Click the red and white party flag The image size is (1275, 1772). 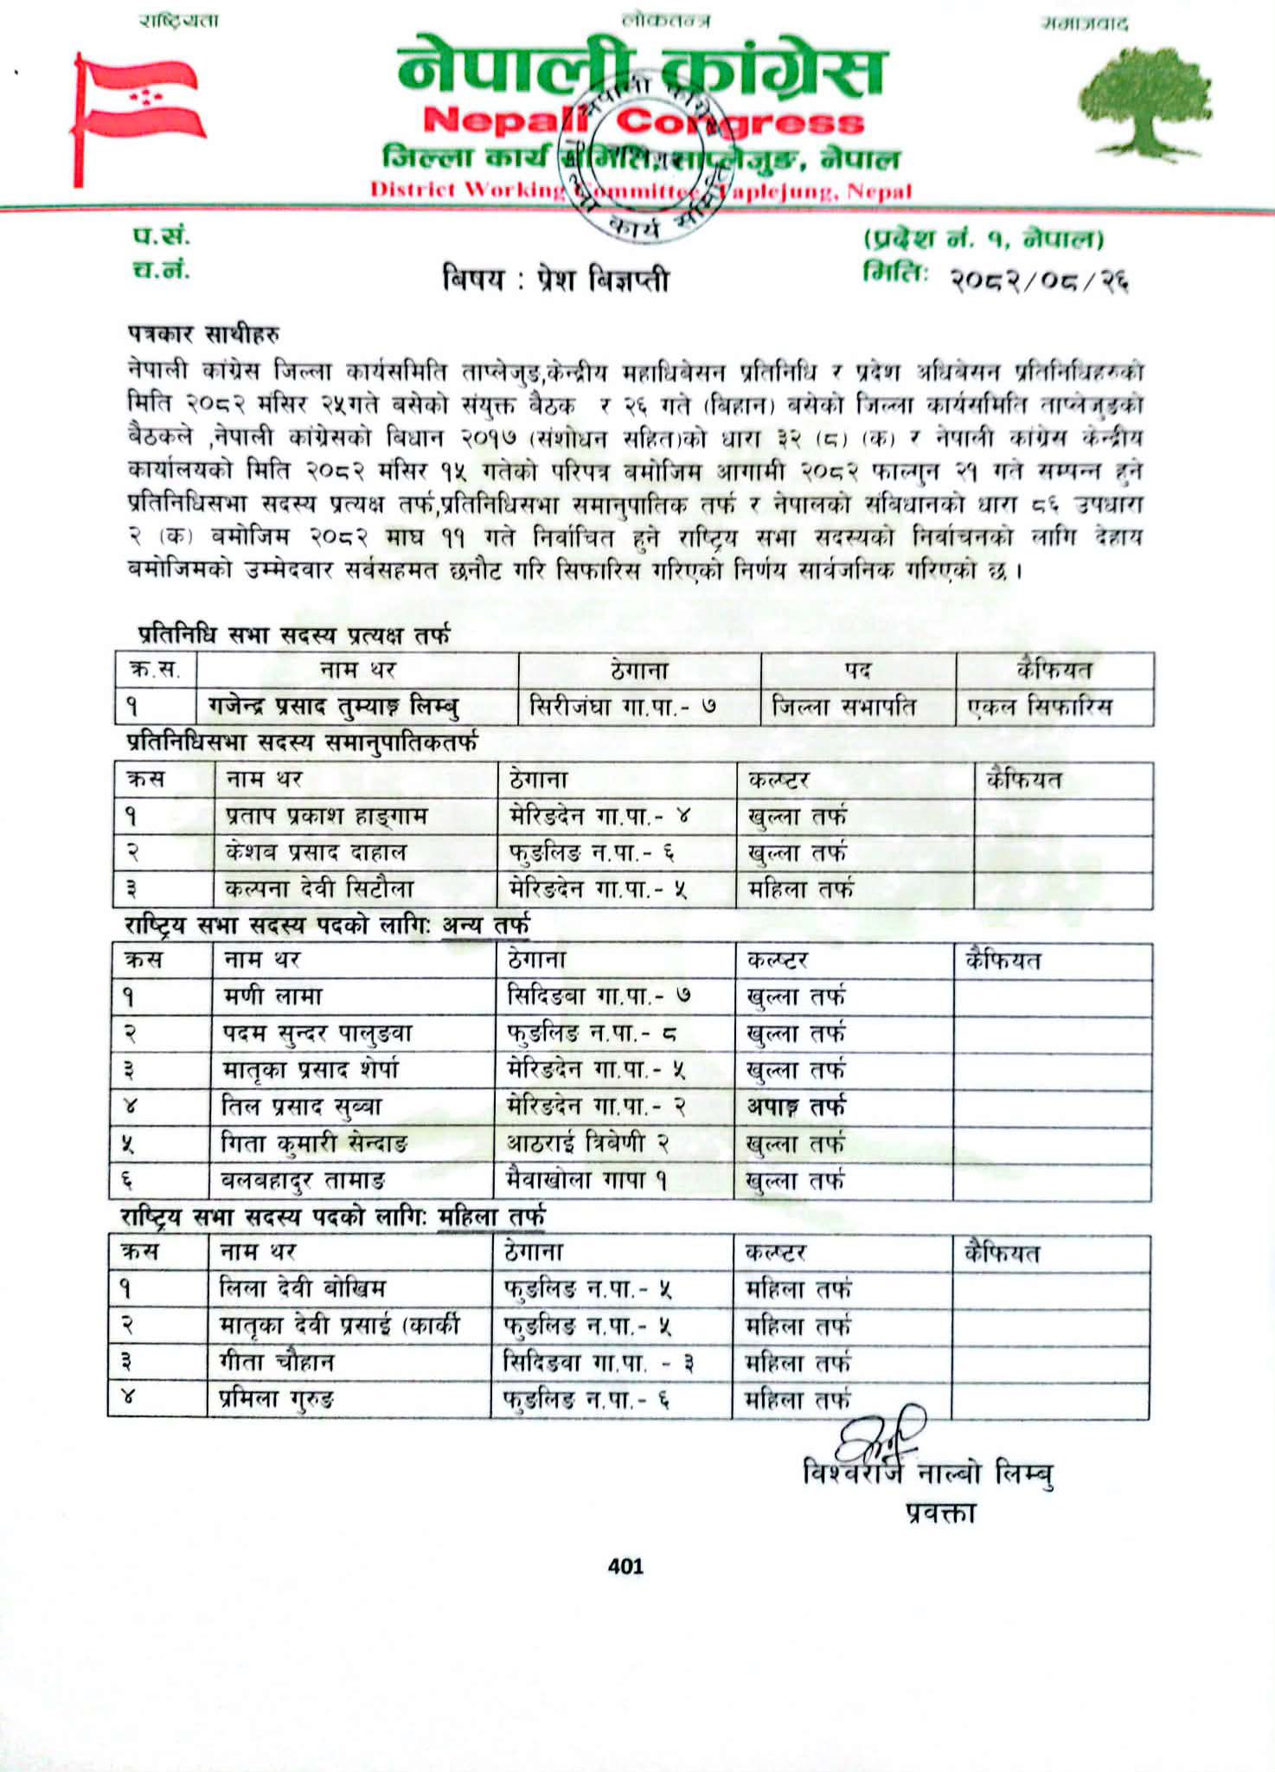(138, 108)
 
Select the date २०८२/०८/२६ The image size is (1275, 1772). (1039, 279)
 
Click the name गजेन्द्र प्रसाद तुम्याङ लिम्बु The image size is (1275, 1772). (333, 707)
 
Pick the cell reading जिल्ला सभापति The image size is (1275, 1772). (843, 707)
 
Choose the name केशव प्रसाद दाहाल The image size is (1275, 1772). (315, 852)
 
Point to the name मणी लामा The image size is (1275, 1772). (272, 996)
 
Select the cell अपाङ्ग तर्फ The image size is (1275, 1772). (796, 1106)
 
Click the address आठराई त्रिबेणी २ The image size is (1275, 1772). (588, 1143)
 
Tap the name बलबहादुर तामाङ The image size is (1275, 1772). (303, 1179)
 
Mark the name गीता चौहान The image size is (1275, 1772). (276, 1362)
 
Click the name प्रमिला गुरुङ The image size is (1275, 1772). (276, 1399)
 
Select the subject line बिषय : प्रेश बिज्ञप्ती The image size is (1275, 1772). (555, 279)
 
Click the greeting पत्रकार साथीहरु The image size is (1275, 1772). (204, 333)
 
